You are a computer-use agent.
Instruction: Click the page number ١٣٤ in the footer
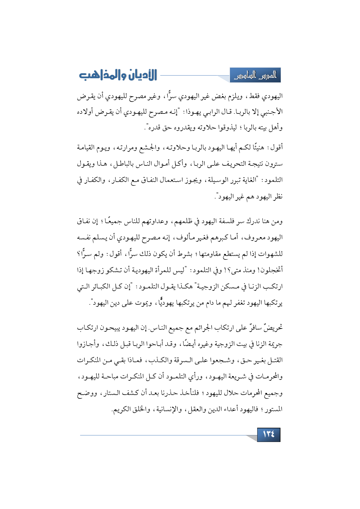(x=269, y=434)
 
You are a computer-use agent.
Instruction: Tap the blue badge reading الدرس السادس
(x=255, y=75)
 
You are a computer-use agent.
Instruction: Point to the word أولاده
(x=86, y=112)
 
